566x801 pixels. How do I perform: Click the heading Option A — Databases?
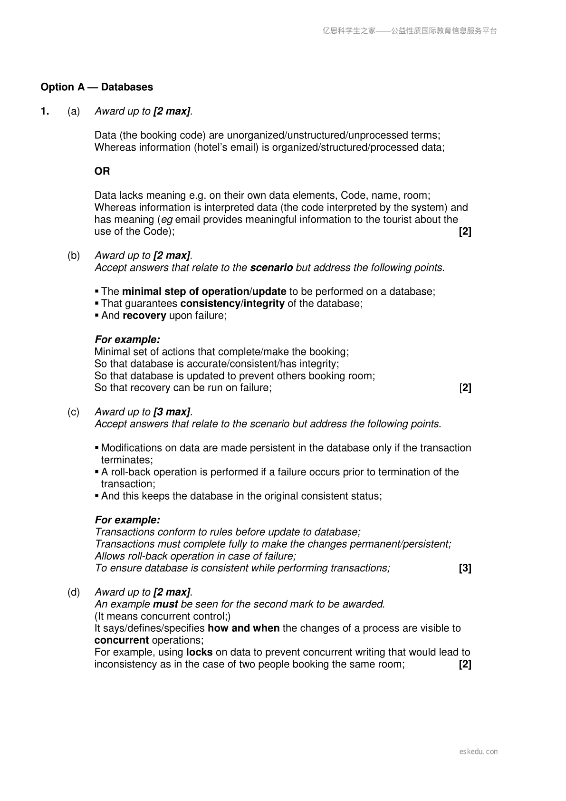tap(97, 87)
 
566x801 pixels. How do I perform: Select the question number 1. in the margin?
tap(45, 111)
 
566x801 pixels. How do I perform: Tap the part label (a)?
tap(74, 111)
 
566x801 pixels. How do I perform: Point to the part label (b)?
tap(74, 256)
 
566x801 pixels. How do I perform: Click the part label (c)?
tap(74, 412)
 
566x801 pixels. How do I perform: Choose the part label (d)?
tap(74, 592)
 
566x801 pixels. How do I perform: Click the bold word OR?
tap(102, 171)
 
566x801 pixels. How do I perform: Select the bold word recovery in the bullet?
tap(144, 316)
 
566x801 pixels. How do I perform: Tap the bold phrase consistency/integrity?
tap(232, 304)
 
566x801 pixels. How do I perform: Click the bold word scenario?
tap(271, 268)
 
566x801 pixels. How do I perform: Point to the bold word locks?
tap(199, 652)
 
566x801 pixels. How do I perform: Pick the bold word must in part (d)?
tap(165, 604)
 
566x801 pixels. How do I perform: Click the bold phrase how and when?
tap(243, 628)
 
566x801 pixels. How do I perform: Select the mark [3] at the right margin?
tap(465, 568)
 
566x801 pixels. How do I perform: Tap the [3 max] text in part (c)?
tap(172, 412)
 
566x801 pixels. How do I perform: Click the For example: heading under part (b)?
tap(127, 340)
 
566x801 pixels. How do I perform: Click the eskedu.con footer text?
tap(479, 752)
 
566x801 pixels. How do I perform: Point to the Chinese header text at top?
tap(410, 31)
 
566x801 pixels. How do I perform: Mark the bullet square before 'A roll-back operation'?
tap(97, 472)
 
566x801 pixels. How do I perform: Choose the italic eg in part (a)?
tap(167, 220)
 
